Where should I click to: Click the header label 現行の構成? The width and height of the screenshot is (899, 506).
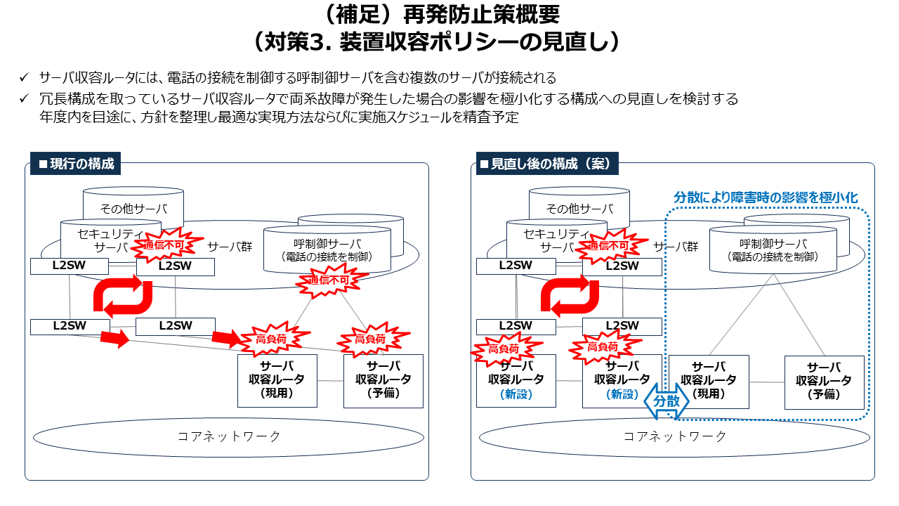tap(75, 164)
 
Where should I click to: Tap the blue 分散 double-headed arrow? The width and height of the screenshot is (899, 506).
tap(667, 401)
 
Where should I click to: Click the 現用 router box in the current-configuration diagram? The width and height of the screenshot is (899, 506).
tap(277, 380)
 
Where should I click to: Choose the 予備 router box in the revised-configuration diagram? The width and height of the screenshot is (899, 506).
tap(824, 382)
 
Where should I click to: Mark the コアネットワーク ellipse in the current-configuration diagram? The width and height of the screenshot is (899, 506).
tap(229, 436)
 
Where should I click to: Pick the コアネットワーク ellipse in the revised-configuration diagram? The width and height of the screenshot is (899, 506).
tap(675, 436)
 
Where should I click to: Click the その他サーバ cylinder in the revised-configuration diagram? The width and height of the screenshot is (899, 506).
tap(579, 207)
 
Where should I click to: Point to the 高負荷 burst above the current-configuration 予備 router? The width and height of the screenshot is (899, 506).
tap(369, 339)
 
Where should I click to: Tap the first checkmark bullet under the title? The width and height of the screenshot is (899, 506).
tap(25, 77)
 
